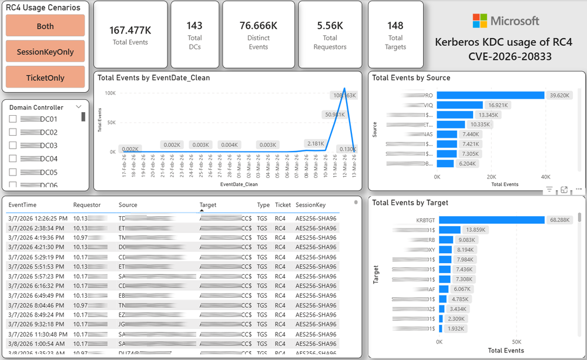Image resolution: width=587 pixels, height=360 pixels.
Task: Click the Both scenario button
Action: coord(45,26)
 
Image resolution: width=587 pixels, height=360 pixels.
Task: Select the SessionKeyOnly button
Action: coord(45,52)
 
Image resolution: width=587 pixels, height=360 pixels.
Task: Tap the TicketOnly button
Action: coord(45,78)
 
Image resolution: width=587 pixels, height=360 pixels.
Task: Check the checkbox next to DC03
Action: coord(13,146)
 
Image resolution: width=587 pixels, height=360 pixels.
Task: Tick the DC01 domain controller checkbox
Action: coord(13,119)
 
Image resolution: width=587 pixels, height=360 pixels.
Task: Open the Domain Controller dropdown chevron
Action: coord(78,107)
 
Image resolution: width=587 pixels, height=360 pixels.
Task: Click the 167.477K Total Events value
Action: coord(130,30)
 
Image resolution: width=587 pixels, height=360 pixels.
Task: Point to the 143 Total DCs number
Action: coord(194,26)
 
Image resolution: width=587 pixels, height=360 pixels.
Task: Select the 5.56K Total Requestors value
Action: coord(330,26)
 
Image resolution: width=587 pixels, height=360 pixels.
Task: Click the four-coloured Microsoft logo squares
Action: coord(479,21)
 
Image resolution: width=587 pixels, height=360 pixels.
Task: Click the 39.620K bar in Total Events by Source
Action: coord(491,95)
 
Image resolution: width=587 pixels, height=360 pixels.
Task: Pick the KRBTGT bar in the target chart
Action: coord(492,220)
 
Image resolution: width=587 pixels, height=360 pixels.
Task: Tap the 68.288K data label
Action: coord(561,220)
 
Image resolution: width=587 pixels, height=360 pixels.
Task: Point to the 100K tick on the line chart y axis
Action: coord(110,93)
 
